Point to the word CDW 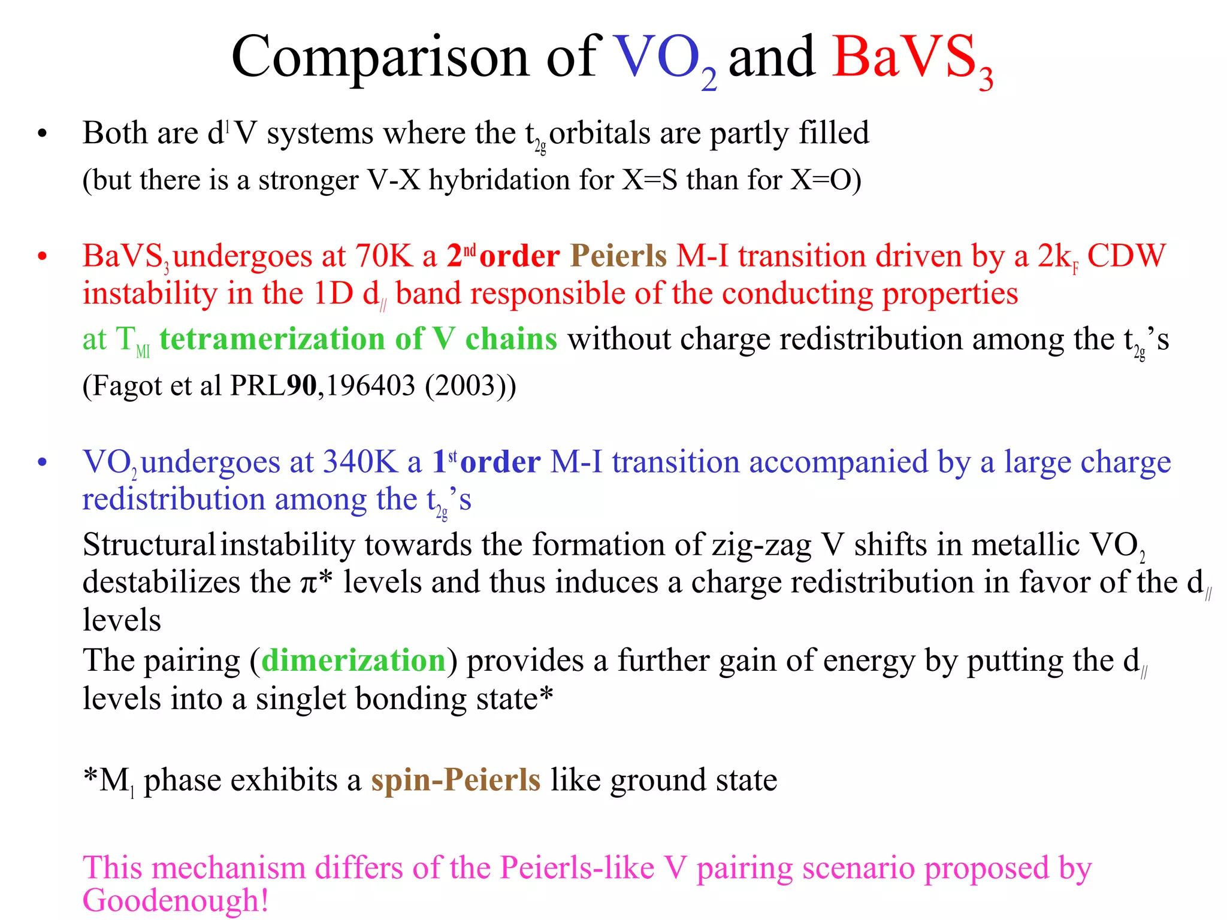coord(1126,256)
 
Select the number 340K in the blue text coord(360,462)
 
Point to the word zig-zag coord(761,545)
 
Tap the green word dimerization coord(353,661)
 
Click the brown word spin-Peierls coord(456,780)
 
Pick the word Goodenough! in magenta coord(176,900)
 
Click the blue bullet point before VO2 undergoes coord(42,463)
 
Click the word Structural coord(149,545)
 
